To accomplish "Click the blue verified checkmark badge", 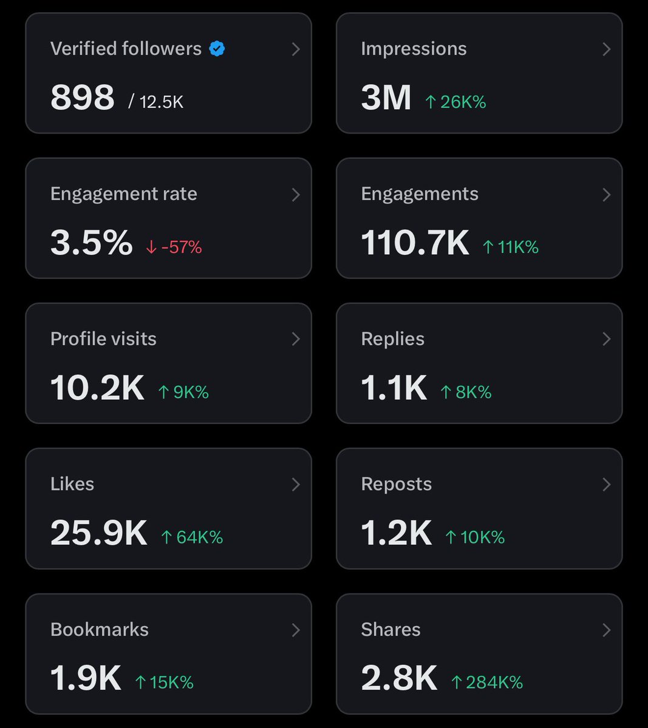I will click(x=217, y=49).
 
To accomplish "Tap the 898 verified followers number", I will click(x=82, y=98).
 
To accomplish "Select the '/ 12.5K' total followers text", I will click(x=156, y=102).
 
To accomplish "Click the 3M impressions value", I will click(x=386, y=98).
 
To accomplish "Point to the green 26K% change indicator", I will click(x=455, y=102).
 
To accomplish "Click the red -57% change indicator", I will click(x=174, y=247).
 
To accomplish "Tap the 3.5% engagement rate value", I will click(x=91, y=243).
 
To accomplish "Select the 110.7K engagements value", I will click(x=415, y=243).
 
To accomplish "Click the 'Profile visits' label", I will click(x=103, y=339).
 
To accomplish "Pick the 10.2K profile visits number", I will click(x=97, y=388).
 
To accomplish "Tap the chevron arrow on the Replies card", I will click(x=606, y=339).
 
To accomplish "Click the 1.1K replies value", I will click(x=394, y=388).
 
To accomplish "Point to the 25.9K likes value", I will click(x=98, y=533).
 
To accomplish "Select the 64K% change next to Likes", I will click(x=193, y=537).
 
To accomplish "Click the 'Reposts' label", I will click(x=396, y=484).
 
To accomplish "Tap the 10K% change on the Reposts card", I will click(x=475, y=537).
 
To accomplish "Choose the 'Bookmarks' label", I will click(x=100, y=629).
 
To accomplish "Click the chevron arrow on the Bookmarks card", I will click(x=296, y=630).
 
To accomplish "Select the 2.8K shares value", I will click(x=399, y=678).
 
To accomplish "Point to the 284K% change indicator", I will click(x=487, y=682).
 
